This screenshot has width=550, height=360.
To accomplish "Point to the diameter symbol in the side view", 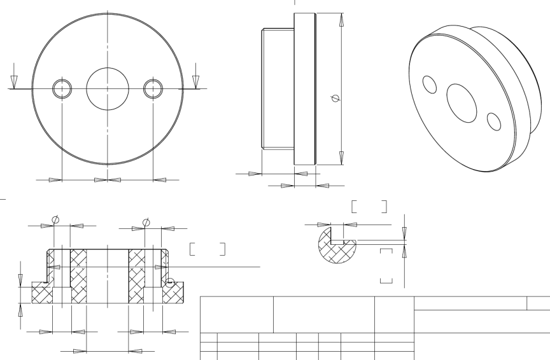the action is [x=335, y=99].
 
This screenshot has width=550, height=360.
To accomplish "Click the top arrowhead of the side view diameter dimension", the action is [x=342, y=20].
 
